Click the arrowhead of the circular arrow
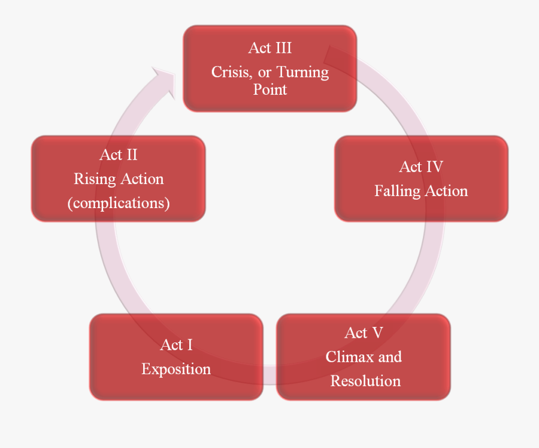pos(165,81)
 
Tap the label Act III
pos(269,48)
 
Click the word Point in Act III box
pos(270,89)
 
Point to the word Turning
pos(302,73)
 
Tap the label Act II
pos(119,155)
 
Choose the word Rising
pos(95,179)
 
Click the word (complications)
pos(119,203)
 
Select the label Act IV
pos(421,167)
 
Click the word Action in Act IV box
pos(446,191)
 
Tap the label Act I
pos(176,345)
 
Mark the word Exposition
pos(176,369)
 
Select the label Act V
pos(364,333)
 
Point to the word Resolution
pos(365,381)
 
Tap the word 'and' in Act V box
pos(390,357)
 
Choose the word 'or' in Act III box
pos(265,73)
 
